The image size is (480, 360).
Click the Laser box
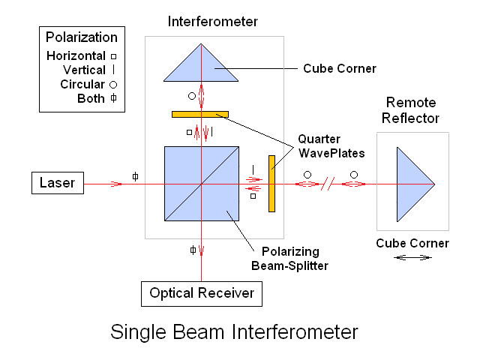(58, 183)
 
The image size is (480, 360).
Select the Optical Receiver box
(202, 293)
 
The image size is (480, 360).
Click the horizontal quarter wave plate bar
(199, 114)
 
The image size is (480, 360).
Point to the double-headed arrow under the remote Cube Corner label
(413, 257)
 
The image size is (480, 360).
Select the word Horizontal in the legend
(76, 56)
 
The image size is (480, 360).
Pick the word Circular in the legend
(82, 84)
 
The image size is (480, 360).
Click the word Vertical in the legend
(84, 70)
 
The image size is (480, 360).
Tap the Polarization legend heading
(82, 37)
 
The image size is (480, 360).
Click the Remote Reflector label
(412, 109)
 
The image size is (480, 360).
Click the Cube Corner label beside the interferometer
(339, 68)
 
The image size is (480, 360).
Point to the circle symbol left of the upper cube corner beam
(192, 96)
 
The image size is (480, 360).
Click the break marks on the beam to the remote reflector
(326, 183)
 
